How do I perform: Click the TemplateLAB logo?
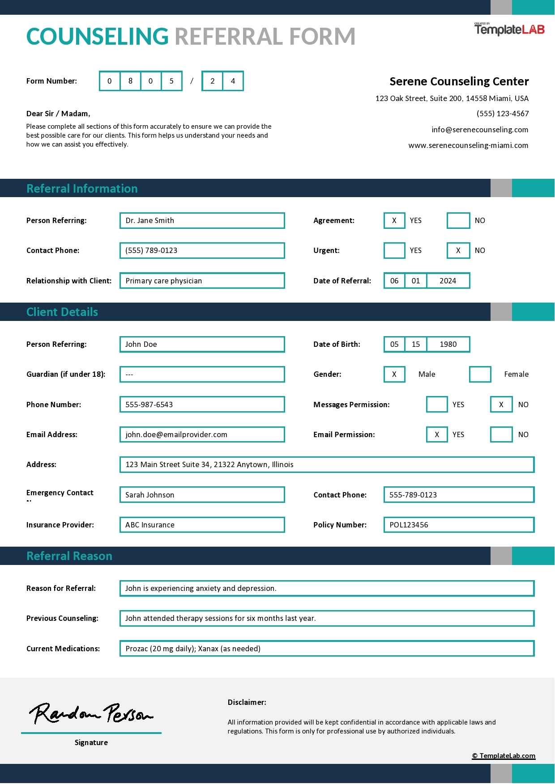point(509,30)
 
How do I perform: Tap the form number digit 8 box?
point(130,81)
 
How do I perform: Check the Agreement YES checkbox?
point(394,220)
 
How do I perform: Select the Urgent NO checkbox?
point(458,250)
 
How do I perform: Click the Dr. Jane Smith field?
point(202,220)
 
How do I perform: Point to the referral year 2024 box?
point(448,281)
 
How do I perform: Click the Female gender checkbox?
point(480,374)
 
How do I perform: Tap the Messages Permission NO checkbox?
point(501,405)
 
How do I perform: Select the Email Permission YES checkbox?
point(437,434)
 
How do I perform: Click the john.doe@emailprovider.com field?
point(202,434)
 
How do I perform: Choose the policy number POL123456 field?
point(459,525)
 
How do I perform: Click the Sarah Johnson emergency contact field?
point(202,495)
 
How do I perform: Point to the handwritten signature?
point(91,713)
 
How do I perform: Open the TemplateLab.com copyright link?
point(504,756)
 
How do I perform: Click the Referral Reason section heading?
point(69,556)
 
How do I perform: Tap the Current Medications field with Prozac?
point(327,649)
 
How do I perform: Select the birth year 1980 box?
point(448,344)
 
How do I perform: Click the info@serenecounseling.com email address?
point(480,130)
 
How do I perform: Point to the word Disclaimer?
point(247,702)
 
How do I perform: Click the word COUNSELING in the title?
point(98,37)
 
